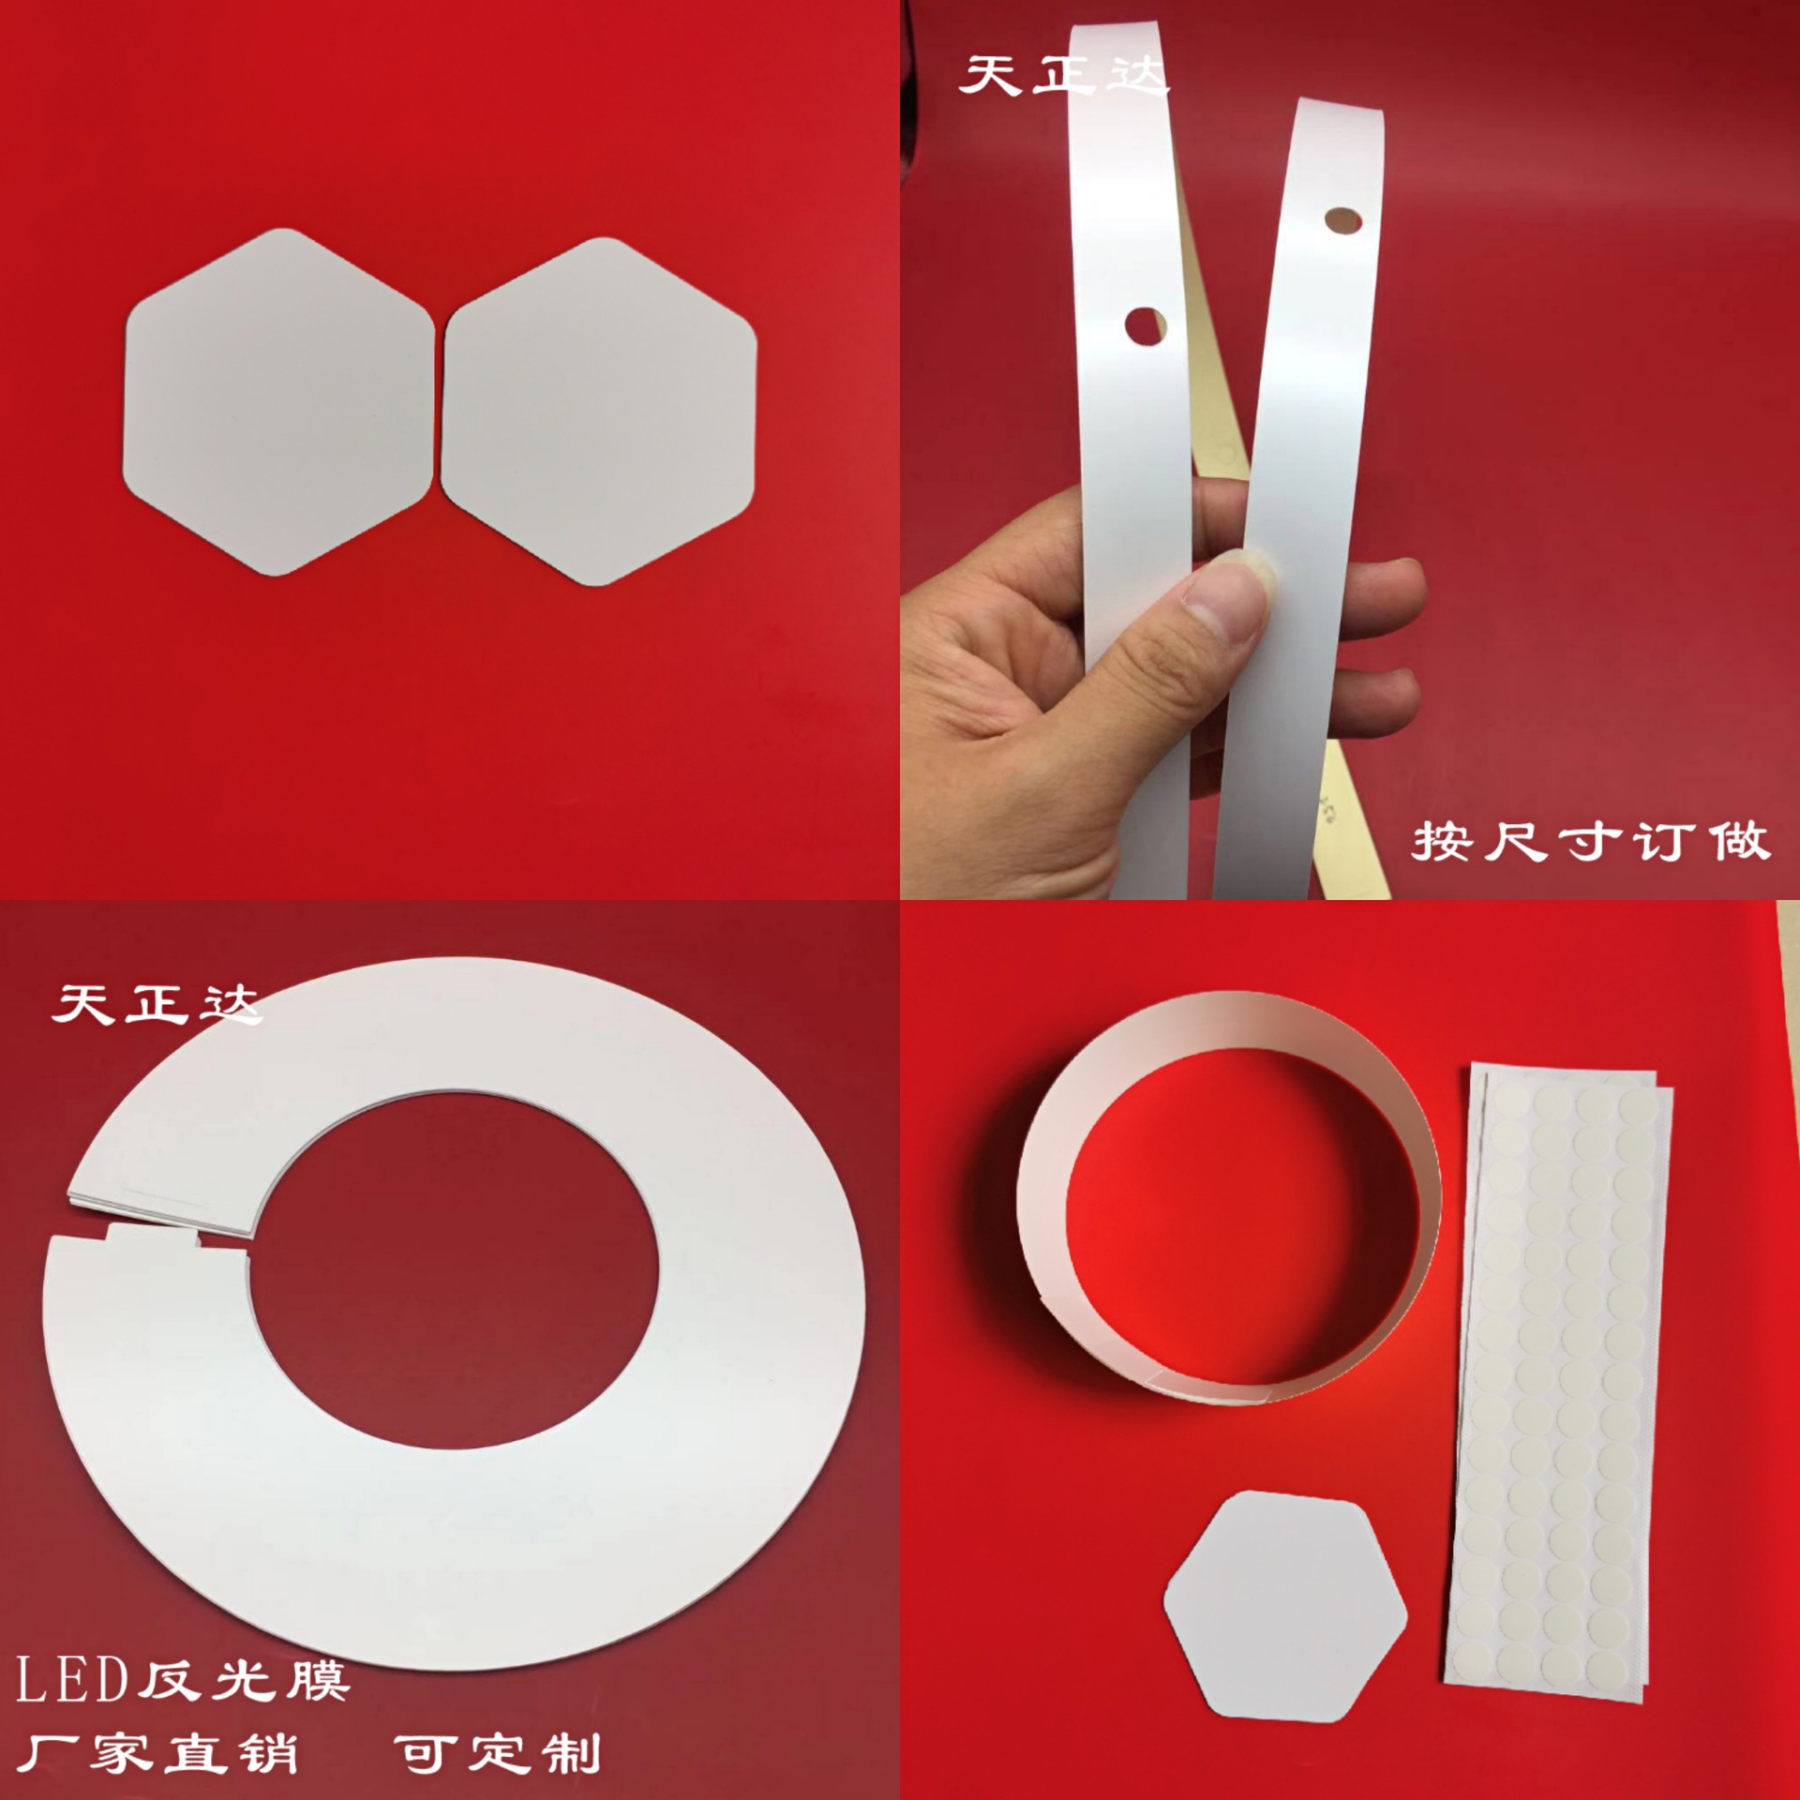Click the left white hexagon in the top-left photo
click(x=277, y=401)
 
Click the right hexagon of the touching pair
click(x=598, y=411)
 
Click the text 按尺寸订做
click(x=1590, y=841)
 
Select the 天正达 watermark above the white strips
click(x=1061, y=75)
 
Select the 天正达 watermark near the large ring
click(x=155, y=1005)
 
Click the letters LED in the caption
click(x=71, y=1679)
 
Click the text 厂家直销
click(x=157, y=1753)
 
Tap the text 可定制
click(x=497, y=1753)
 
